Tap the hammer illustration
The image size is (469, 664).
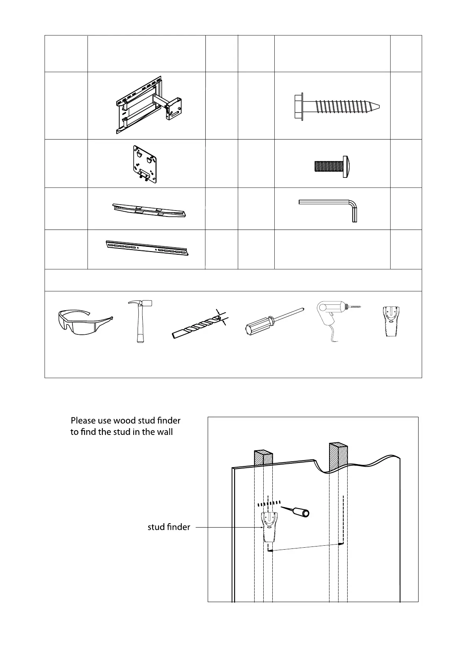[139, 321]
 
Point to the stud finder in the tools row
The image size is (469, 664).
[391, 321]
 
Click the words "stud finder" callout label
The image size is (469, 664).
[169, 527]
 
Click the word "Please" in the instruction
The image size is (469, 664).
[84, 421]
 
